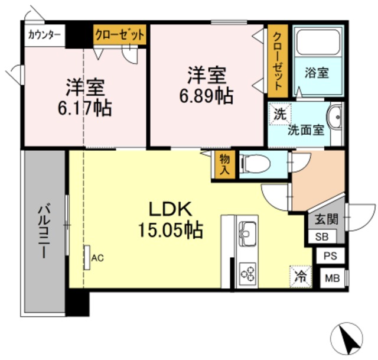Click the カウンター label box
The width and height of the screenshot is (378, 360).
click(44, 35)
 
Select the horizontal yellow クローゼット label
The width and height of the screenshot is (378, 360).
click(119, 35)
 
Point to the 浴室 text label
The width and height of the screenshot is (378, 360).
click(318, 74)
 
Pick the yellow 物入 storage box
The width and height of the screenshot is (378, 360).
click(224, 164)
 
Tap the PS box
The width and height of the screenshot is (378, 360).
click(330, 257)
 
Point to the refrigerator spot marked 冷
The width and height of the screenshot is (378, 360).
click(300, 275)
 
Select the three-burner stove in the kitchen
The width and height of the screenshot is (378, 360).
click(246, 273)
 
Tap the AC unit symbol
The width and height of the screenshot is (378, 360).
click(87, 258)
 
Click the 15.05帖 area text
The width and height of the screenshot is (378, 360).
click(171, 229)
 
